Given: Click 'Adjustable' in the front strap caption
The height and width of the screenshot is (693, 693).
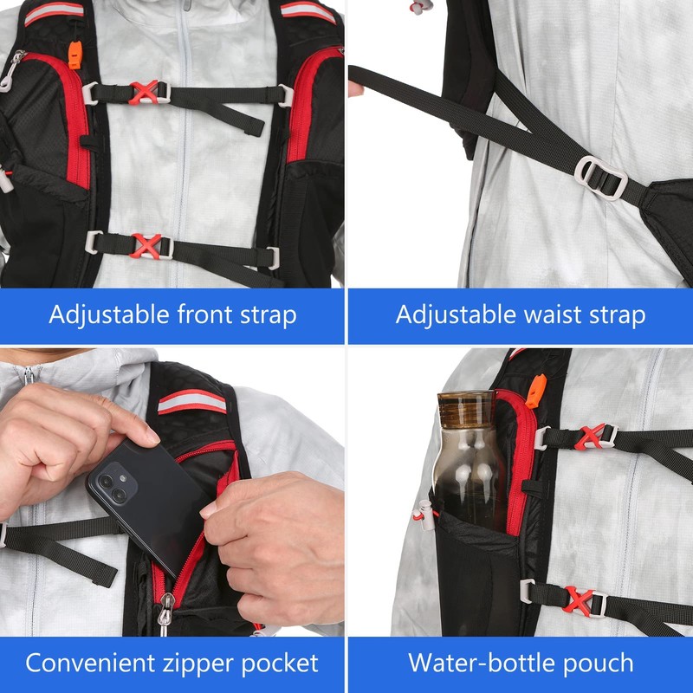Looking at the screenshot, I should pos(97,314).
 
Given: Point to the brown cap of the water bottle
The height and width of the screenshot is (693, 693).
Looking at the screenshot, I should pos(465,405).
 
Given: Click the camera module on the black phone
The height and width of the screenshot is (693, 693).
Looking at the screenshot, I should pos(111,486).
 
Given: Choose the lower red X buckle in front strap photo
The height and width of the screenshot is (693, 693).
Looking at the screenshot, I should pos(146,245).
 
